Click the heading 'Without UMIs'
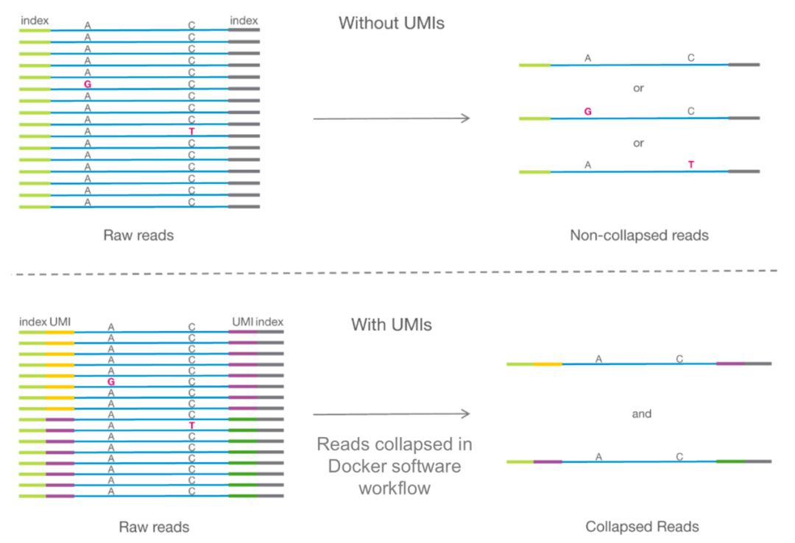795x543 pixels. (391, 23)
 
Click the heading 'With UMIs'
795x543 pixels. (392, 324)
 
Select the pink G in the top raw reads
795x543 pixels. (88, 85)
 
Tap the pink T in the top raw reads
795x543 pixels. (191, 131)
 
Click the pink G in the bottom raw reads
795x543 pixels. (111, 383)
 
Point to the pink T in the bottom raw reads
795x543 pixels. (191, 425)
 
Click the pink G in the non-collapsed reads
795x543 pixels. (587, 112)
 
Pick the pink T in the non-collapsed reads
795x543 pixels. (690, 165)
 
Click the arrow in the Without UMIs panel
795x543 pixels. (391, 118)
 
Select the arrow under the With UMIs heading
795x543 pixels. (391, 414)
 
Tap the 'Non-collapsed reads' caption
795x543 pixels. (638, 235)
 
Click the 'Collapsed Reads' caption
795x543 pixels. (642, 527)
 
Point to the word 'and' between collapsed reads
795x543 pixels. (642, 414)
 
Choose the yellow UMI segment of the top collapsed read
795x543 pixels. (548, 363)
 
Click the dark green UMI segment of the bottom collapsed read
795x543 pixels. (730, 461)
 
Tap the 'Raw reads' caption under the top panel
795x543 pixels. (138, 235)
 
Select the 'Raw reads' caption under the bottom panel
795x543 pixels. (154, 527)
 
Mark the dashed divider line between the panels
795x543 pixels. (397, 272)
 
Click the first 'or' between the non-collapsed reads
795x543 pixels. (638, 88)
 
